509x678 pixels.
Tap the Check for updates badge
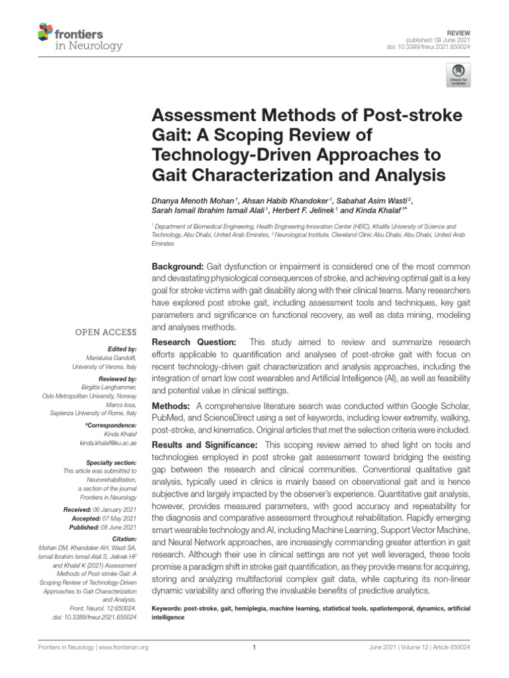pyautogui.click(x=457, y=75)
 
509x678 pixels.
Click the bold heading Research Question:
pyautogui.click(x=194, y=342)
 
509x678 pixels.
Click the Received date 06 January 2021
pyautogui.click(x=115, y=508)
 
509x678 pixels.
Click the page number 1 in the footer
pyautogui.click(x=254, y=648)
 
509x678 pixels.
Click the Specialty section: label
pyautogui.click(x=111, y=461)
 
